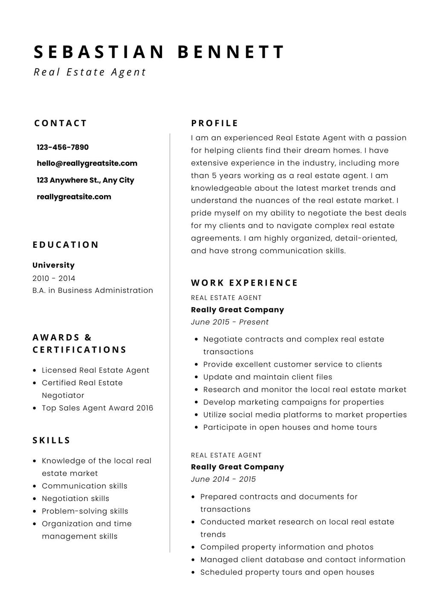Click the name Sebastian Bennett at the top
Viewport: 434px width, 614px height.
pos(159,52)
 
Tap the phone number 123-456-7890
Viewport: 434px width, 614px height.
pos(63,148)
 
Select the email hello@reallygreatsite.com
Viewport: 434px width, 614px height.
pos(87,163)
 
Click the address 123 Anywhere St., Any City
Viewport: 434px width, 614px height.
pos(85,180)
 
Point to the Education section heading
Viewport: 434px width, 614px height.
pos(66,245)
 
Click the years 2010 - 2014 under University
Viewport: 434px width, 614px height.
pos(54,278)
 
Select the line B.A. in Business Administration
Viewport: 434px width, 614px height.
pos(93,290)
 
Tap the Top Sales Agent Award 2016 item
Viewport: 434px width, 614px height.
pos(97,408)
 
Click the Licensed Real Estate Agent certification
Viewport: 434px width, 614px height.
pos(95,371)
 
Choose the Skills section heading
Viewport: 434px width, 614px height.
pos(52,440)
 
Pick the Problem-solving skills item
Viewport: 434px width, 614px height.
pos(85,511)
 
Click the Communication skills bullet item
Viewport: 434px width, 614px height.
pos(84,486)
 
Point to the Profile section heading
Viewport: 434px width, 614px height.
pos(215,124)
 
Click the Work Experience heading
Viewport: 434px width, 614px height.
pos(244,283)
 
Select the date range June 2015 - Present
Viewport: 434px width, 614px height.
pos(230,322)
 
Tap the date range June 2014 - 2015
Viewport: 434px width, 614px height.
pos(223,479)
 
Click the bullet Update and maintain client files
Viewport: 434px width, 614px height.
pos(267,377)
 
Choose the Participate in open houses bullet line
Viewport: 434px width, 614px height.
pos(290,427)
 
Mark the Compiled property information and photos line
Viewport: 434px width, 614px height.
pos(286,547)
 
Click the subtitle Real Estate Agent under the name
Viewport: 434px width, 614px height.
pos(90,72)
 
